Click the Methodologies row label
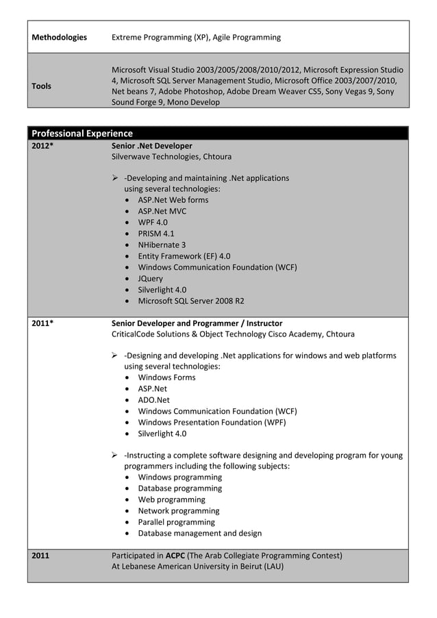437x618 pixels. tap(60, 37)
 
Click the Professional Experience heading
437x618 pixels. tap(82, 133)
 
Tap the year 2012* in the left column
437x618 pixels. tap(42, 146)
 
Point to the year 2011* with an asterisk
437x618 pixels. tap(42, 323)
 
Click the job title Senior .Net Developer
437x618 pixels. tap(152, 146)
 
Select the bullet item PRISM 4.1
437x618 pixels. tap(156, 234)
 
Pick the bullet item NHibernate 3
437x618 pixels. tap(162, 245)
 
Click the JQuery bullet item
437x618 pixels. tap(151, 278)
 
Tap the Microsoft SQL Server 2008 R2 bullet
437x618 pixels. tap(191, 301)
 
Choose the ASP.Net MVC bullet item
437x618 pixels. tap(162, 211)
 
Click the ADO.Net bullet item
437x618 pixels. tap(154, 400)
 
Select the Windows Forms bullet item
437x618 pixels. tap(166, 378)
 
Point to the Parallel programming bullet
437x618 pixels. tap(176, 522)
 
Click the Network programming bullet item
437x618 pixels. tap(179, 510)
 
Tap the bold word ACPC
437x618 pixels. tap(175, 556)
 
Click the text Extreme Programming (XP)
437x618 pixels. tap(158, 37)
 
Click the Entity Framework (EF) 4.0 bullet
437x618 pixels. tap(184, 256)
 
